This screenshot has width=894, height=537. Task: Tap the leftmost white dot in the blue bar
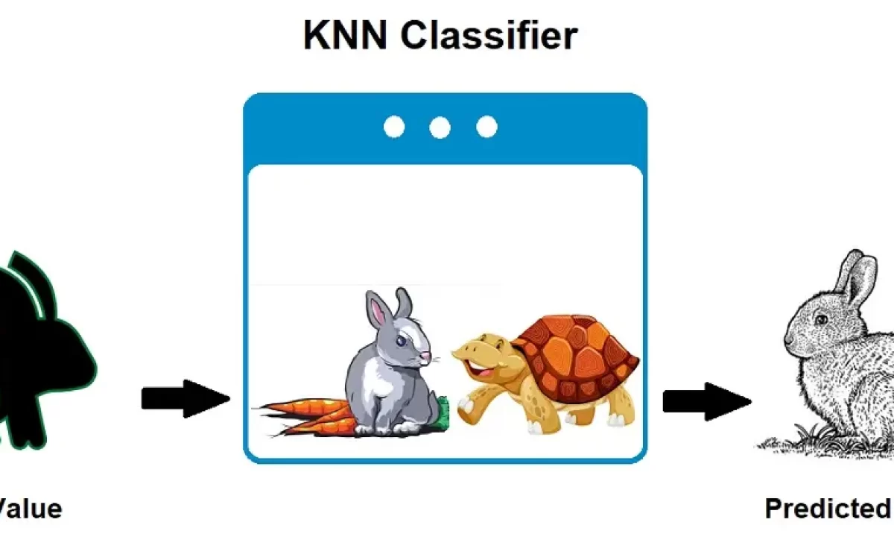pyautogui.click(x=394, y=128)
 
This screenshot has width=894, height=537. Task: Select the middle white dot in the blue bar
pyautogui.click(x=440, y=128)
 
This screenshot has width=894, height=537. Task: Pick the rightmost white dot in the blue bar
pyautogui.click(x=486, y=128)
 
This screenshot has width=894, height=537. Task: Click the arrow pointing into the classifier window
pyautogui.click(x=185, y=399)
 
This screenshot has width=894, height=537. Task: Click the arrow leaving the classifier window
pyautogui.click(x=706, y=401)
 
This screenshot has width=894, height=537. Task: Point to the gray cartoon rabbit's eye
pyautogui.click(x=402, y=340)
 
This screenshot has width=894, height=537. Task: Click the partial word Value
pyautogui.click(x=30, y=509)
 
